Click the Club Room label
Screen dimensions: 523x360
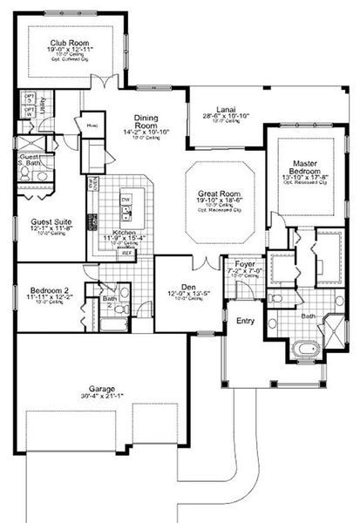[x=71, y=41]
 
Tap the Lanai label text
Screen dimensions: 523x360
[x=214, y=108]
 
